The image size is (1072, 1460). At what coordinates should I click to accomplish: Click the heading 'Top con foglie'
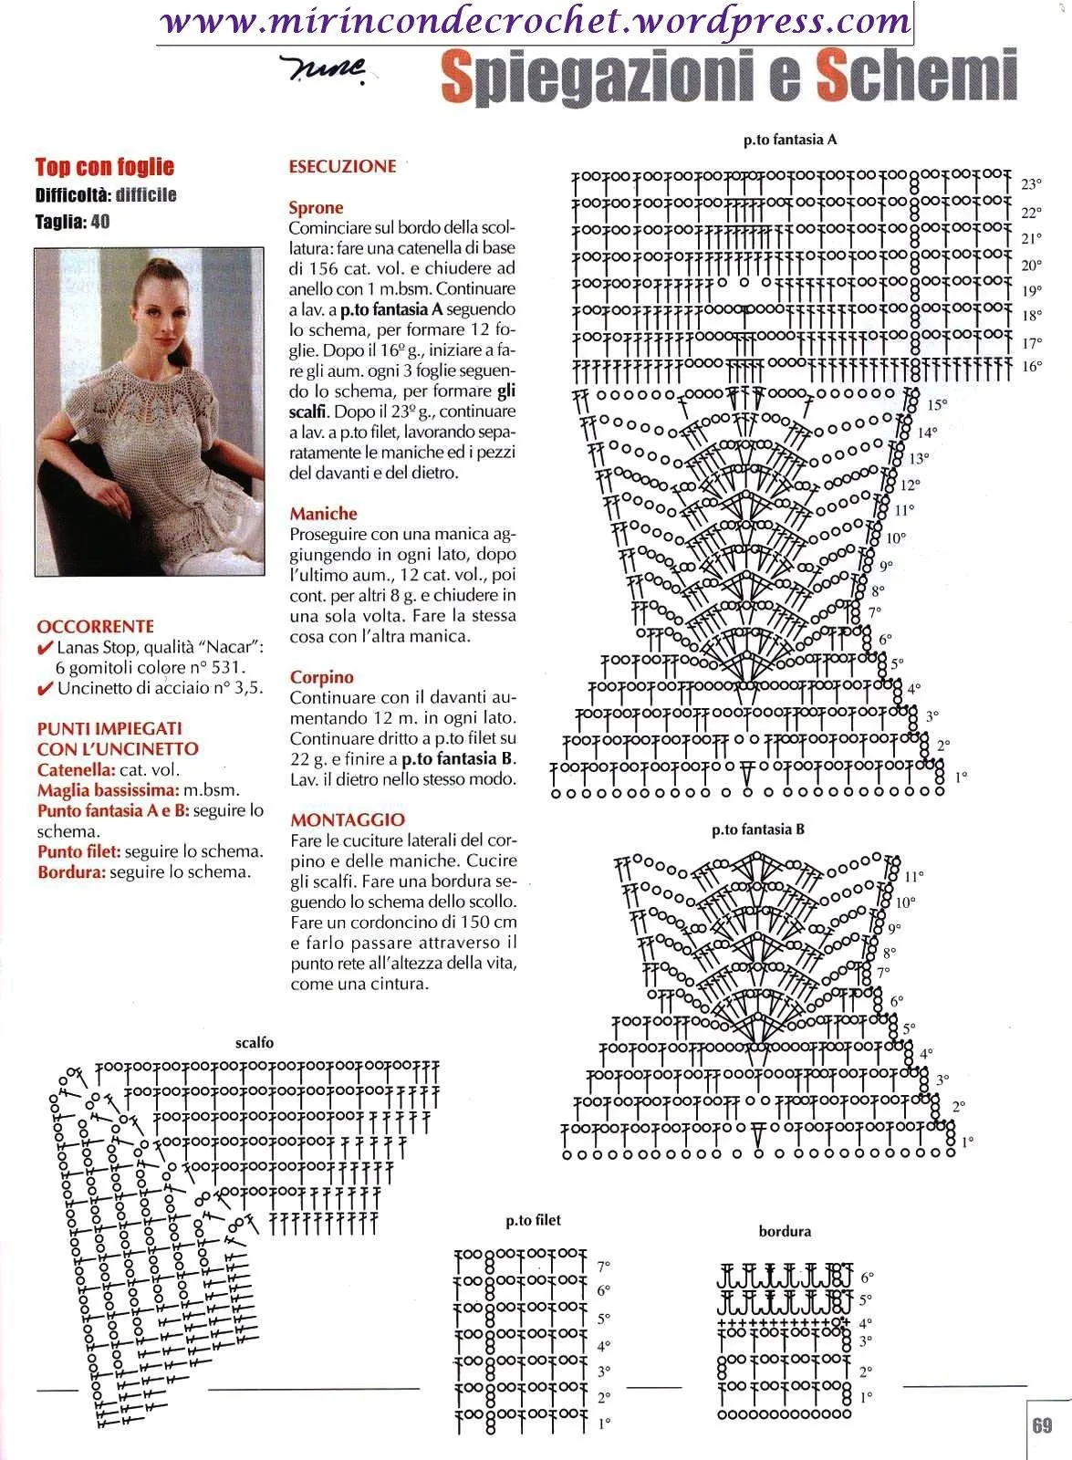point(104,167)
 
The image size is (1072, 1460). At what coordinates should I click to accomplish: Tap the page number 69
point(1042,1425)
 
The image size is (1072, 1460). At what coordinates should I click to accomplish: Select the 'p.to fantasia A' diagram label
point(790,141)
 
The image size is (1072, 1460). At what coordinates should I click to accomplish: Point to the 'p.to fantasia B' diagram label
point(758,829)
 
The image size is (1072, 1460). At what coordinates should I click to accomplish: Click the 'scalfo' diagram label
point(254,1042)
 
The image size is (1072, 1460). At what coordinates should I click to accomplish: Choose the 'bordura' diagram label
point(785,1231)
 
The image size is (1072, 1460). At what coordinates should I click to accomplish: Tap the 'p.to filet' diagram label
point(534,1220)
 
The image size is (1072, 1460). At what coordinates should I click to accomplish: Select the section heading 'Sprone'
point(316,208)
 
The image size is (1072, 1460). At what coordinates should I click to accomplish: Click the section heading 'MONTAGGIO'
point(348,819)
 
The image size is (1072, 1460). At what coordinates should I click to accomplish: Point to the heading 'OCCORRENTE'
point(95,626)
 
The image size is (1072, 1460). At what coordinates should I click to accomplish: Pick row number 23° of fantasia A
point(1031,184)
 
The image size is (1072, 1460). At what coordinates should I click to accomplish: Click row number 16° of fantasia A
point(1031,367)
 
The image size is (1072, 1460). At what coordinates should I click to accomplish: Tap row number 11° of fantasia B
point(914,876)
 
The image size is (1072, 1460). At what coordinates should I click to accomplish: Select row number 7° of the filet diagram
point(603,1266)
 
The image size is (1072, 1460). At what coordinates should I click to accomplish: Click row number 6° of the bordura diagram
point(866,1277)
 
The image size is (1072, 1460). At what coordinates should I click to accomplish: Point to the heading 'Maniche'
point(323,514)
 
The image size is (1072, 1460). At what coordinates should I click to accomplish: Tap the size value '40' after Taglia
point(100,222)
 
